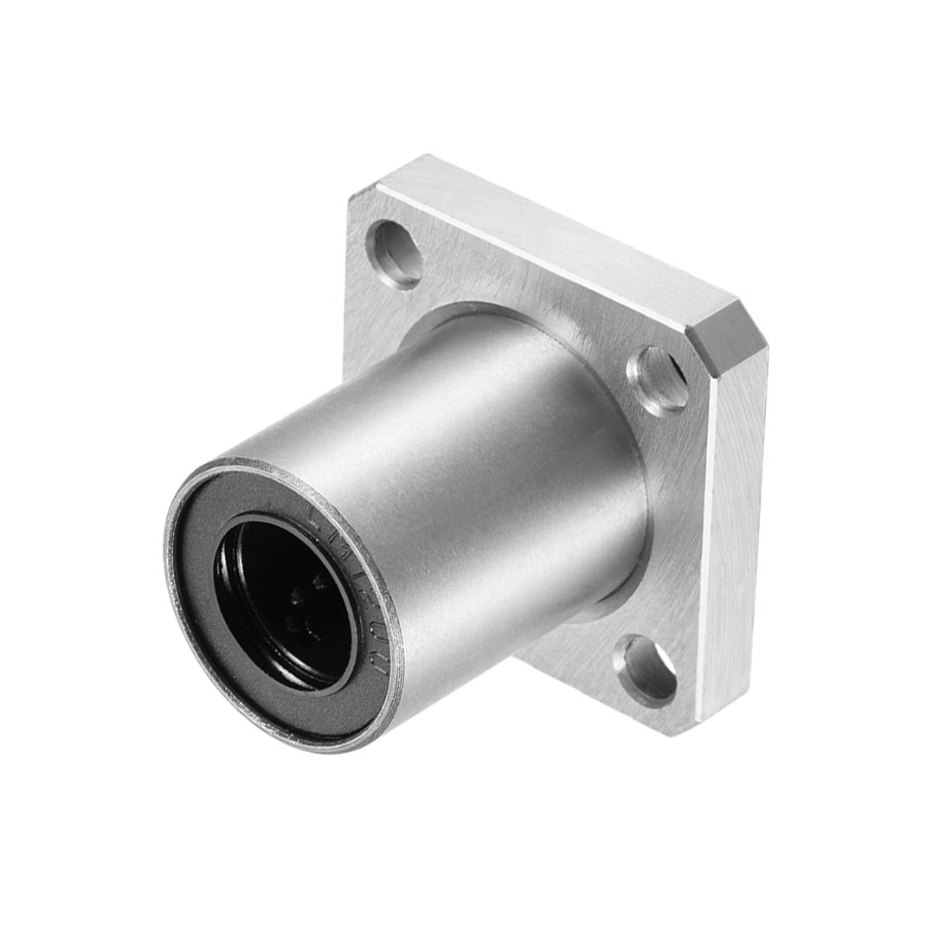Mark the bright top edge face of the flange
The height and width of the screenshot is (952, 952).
pos(554,234)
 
